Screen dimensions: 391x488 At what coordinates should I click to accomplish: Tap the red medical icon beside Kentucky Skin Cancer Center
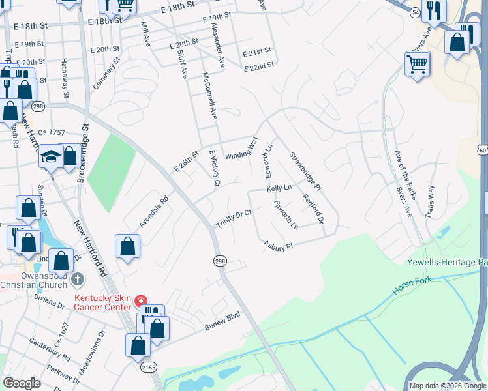[x=140, y=300]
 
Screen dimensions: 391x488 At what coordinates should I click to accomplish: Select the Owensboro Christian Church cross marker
[x=77, y=280]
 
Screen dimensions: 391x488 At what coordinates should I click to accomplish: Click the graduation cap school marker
[x=50, y=157]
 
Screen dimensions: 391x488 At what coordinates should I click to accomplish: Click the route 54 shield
[x=416, y=12]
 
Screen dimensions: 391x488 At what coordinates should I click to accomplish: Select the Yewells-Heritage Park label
[x=447, y=262]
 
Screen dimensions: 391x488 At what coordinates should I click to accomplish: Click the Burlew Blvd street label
[x=222, y=321]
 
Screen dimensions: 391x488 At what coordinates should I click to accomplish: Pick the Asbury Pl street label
[x=279, y=246]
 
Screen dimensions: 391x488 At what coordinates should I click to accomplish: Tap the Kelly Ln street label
[x=279, y=188]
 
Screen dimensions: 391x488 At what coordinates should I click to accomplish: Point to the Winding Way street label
[x=242, y=149]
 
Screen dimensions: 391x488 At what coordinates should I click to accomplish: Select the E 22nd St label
[x=259, y=66]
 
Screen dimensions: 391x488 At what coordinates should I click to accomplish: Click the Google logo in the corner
[x=22, y=383]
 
